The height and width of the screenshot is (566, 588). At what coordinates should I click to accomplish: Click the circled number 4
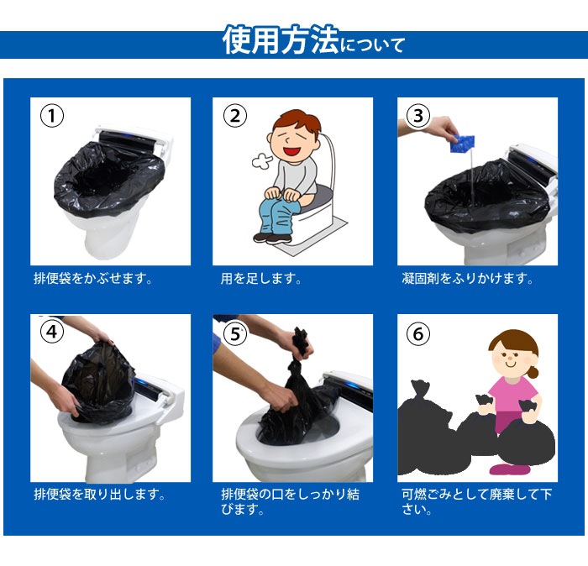(x=52, y=333)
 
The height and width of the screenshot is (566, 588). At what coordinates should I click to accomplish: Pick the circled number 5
(x=234, y=333)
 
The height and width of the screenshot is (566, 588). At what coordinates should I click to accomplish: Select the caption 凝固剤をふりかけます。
(x=466, y=278)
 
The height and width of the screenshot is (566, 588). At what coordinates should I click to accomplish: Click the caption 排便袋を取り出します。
(x=98, y=494)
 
